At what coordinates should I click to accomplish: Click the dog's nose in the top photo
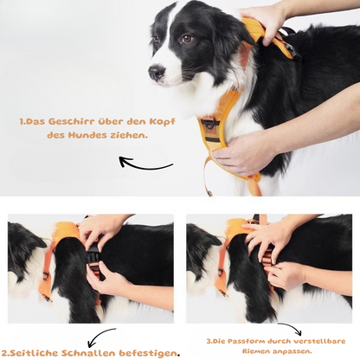click(x=157, y=74)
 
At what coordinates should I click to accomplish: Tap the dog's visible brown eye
click(x=186, y=39)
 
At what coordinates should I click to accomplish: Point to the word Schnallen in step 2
click(x=83, y=352)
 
